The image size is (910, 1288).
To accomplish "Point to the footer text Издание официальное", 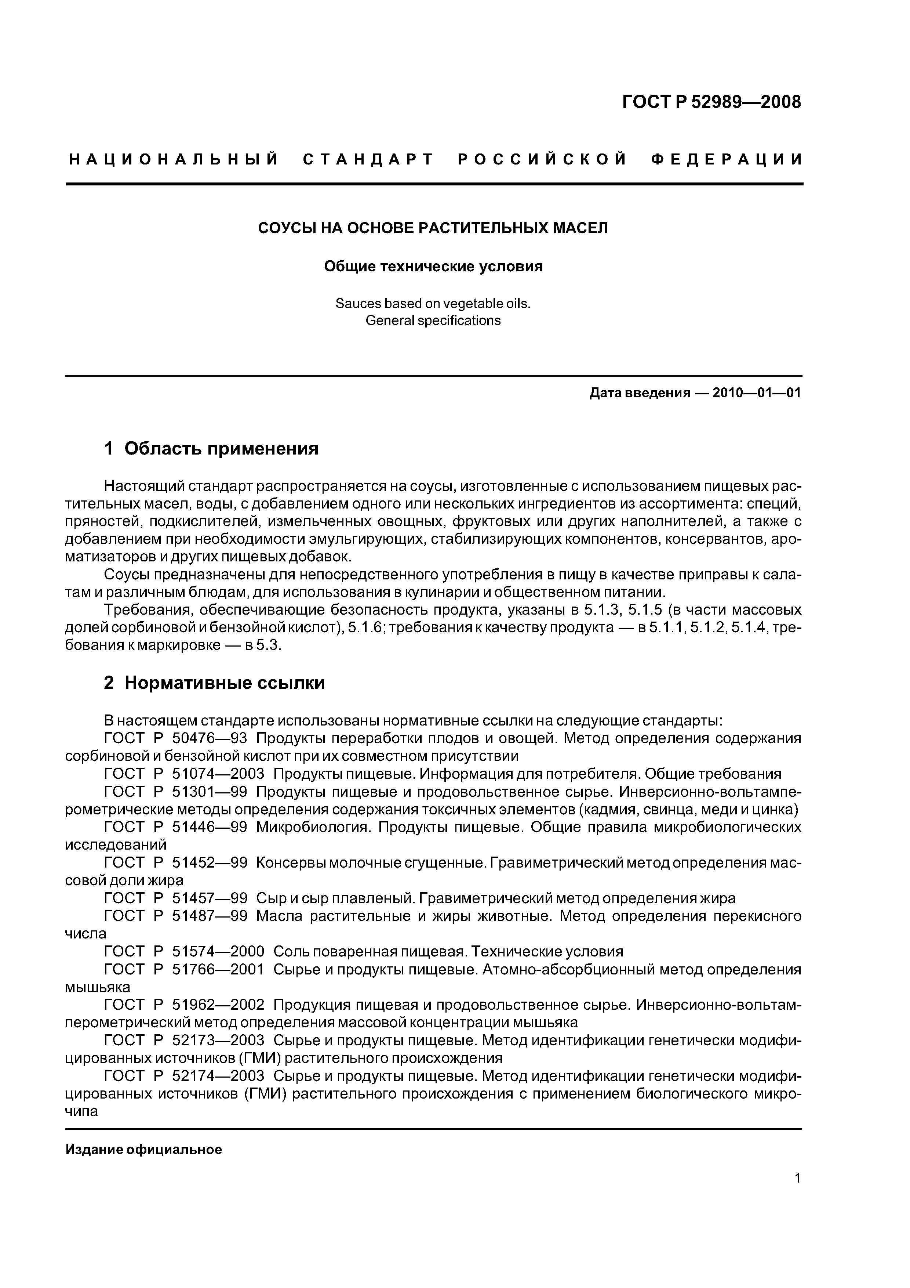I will point(143,1150).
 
